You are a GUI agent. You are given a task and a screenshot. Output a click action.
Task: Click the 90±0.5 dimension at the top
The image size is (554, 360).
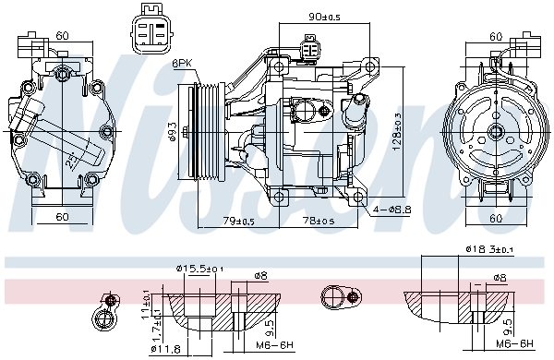pyautogui.click(x=323, y=16)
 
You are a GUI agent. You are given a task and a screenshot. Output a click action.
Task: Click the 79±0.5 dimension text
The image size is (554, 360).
pyautogui.click(x=238, y=221)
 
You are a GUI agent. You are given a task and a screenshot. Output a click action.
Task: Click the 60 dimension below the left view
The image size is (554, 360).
pyautogui.click(x=63, y=217)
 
